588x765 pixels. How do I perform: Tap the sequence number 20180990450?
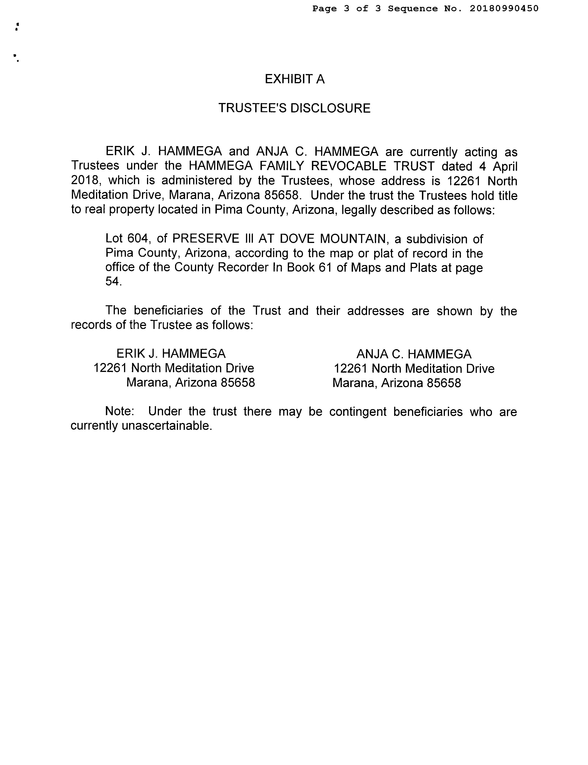pyautogui.click(x=504, y=9)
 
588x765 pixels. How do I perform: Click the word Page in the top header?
pyautogui.click(x=325, y=9)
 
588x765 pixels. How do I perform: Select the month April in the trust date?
pyautogui.click(x=505, y=166)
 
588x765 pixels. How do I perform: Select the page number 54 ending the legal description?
pyautogui.click(x=113, y=282)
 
